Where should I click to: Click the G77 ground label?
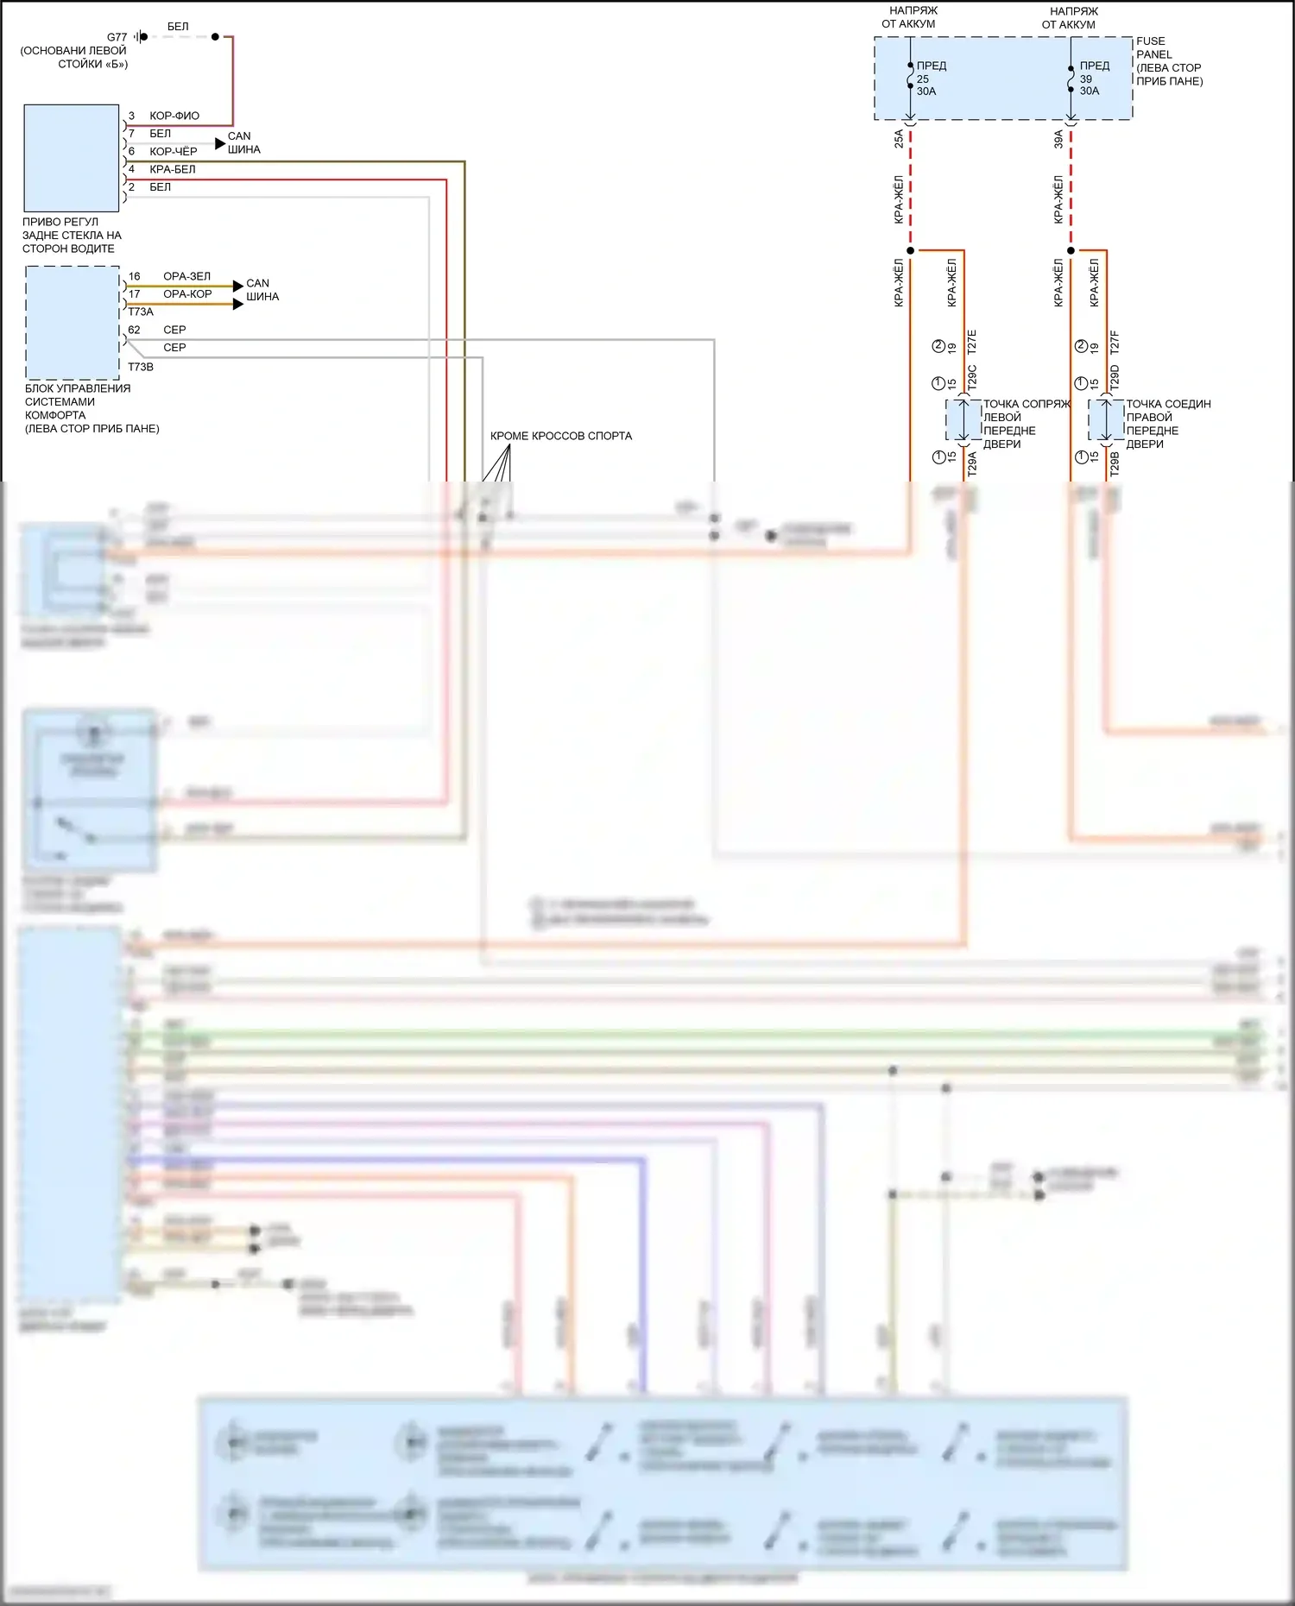[117, 37]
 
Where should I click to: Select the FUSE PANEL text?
[1152, 47]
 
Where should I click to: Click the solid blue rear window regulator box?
[72, 158]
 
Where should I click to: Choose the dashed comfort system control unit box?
[73, 323]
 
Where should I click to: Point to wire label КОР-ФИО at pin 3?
[174, 116]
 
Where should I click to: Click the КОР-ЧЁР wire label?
[174, 152]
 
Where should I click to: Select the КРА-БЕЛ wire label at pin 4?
[173, 169]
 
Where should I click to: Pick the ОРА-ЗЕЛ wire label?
[186, 276]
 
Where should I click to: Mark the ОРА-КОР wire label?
[187, 294]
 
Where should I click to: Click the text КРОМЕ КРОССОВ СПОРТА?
[561, 436]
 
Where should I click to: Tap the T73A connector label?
[141, 312]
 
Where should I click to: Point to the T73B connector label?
[141, 367]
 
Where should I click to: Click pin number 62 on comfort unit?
[134, 330]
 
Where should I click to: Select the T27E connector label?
[972, 342]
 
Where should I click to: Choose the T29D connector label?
[1115, 377]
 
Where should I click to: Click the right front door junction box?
[1106, 420]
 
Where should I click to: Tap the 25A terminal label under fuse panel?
[899, 138]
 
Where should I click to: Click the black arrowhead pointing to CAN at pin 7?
[220, 143]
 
